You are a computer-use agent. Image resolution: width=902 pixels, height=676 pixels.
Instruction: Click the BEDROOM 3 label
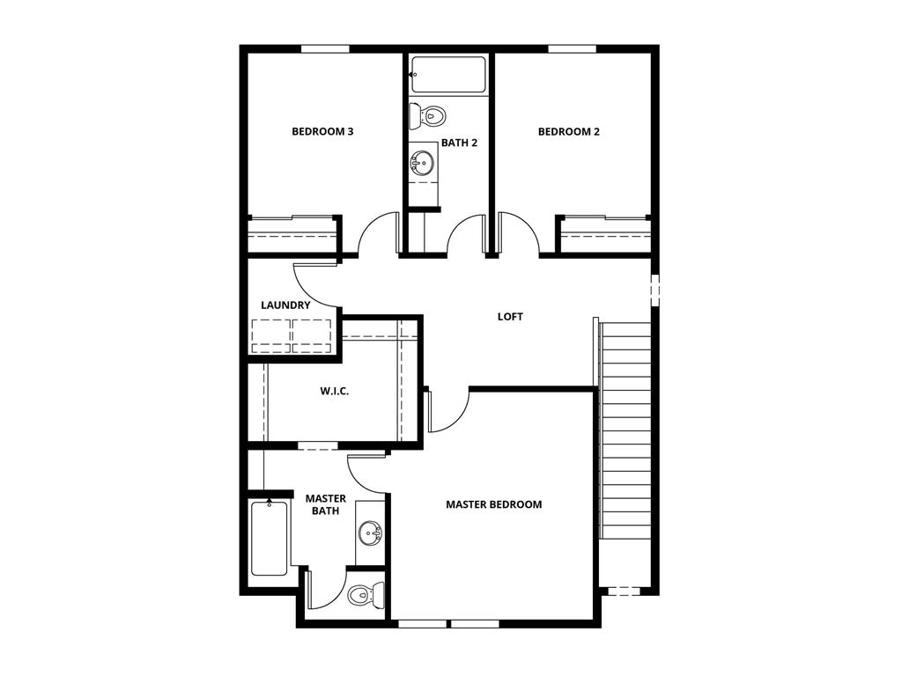322,132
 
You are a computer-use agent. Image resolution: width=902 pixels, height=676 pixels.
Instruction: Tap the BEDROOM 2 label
568,132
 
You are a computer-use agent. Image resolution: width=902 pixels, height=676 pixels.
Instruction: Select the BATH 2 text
459,143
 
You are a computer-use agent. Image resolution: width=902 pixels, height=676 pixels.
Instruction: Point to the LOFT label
510,317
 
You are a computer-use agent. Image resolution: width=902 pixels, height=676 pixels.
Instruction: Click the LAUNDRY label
285,305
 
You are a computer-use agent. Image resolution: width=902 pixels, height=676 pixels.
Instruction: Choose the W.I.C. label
334,391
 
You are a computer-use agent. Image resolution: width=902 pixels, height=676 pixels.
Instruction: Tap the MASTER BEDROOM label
493,504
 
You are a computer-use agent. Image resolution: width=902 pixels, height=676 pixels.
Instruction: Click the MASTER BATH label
325,504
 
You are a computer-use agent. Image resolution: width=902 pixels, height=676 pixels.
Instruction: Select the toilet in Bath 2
429,114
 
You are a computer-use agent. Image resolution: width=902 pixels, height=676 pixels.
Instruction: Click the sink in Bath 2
423,163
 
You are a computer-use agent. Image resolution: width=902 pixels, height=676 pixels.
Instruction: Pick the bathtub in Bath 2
448,75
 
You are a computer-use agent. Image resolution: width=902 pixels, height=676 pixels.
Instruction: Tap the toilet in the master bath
362,596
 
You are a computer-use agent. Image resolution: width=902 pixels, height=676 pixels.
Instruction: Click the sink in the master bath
371,533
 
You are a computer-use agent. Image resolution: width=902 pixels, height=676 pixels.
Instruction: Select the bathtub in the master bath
269,537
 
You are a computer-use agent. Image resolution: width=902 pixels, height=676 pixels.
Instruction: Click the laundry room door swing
313,286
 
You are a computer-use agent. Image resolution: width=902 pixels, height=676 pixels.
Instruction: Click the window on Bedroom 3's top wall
325,48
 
